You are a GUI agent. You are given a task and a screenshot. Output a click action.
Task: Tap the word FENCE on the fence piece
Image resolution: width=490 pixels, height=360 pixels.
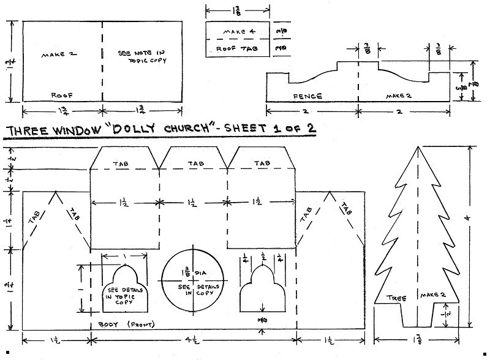(x=307, y=97)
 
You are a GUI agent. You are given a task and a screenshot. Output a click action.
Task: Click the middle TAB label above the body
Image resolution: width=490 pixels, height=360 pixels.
(x=194, y=163)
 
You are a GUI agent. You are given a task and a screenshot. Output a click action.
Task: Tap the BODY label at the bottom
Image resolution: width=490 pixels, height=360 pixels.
(x=108, y=323)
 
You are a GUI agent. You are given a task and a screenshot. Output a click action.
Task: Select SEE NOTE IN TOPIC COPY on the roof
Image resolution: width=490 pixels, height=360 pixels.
(x=141, y=58)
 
